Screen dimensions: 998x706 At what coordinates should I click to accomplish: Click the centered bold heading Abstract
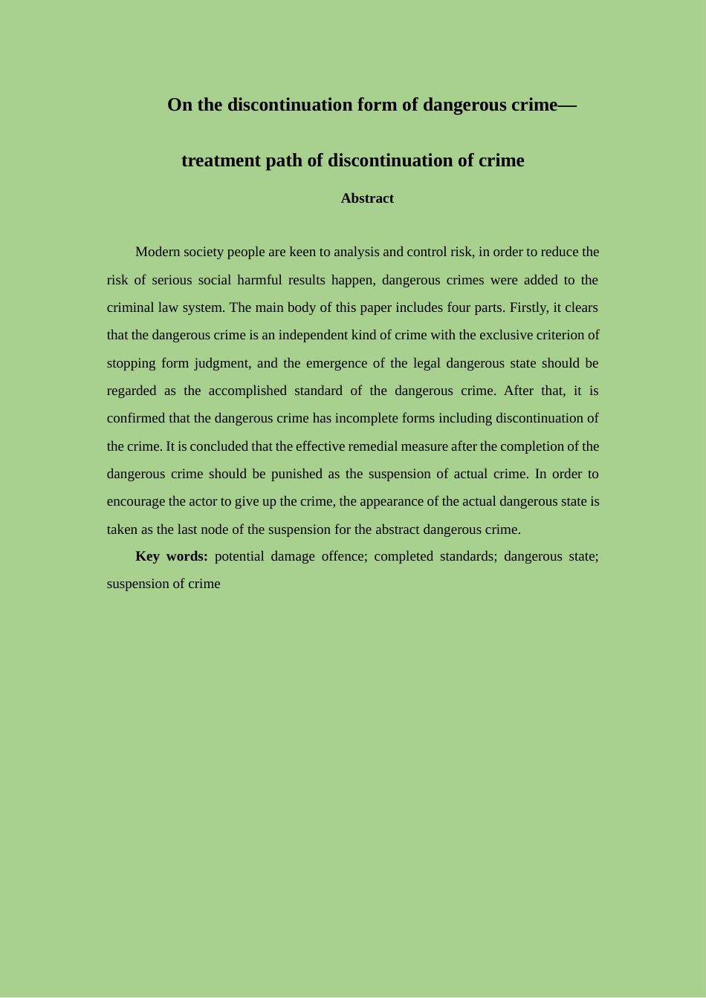[367, 198]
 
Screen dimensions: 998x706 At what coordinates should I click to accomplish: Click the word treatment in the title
[221, 160]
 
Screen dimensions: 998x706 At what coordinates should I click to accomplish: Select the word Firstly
[528, 307]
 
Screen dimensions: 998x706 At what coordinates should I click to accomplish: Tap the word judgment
[221, 363]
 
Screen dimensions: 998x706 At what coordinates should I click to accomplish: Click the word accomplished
[247, 391]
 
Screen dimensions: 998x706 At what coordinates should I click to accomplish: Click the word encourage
[136, 501]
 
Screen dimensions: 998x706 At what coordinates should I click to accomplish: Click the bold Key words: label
[172, 556]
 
